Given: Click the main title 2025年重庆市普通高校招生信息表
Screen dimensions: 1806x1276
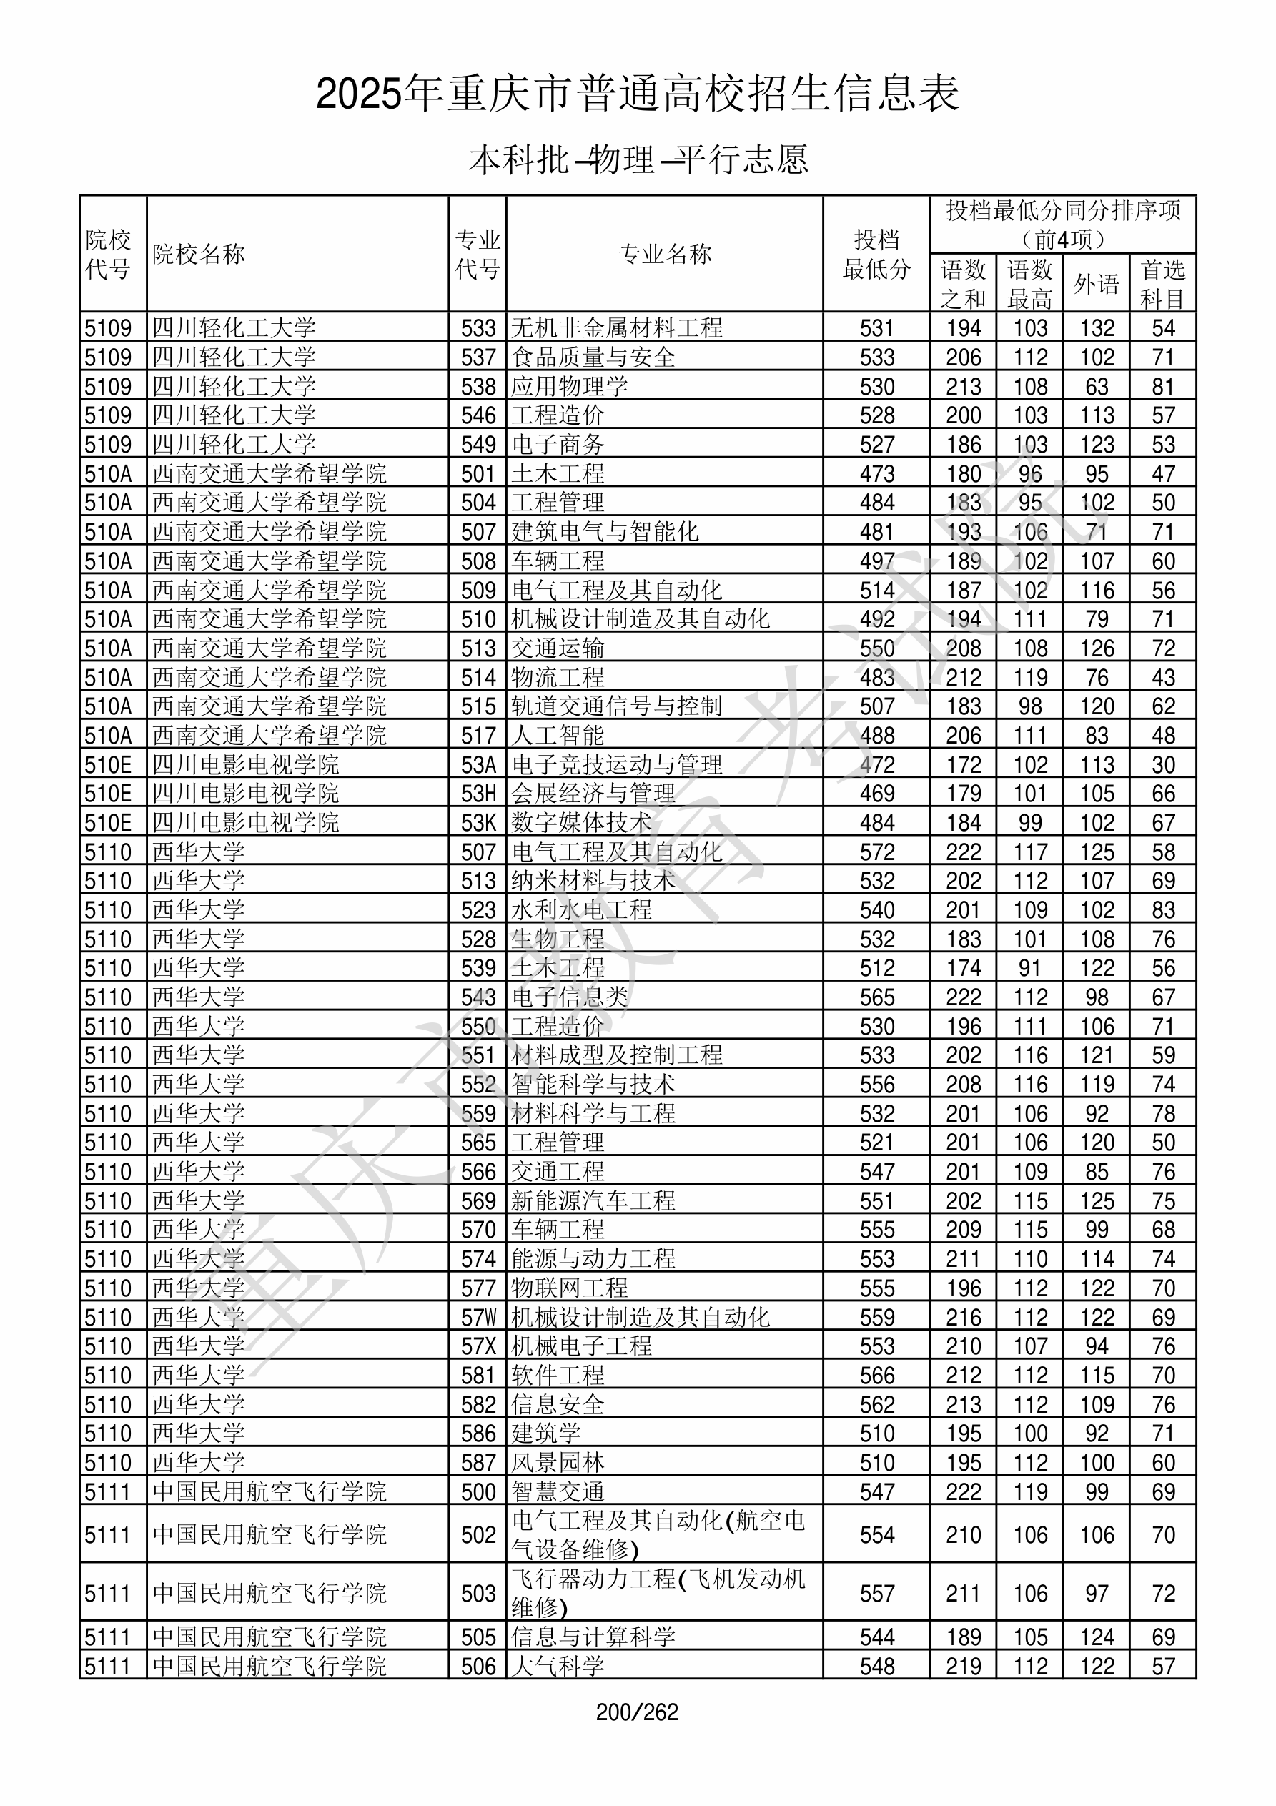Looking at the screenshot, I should pos(637,94).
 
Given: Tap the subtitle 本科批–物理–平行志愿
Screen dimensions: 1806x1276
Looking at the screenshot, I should pos(638,159).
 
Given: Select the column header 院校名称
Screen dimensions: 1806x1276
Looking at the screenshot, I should pos(199,254).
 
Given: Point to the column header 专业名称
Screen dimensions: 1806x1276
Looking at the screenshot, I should pos(665,254).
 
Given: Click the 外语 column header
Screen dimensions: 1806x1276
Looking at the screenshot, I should pos(1096,284).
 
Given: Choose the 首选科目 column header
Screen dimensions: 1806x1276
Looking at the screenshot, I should pos(1163,284).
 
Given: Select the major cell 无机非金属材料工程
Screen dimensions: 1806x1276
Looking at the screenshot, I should pos(617,328).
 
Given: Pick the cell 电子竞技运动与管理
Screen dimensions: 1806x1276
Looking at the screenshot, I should pos(617,764).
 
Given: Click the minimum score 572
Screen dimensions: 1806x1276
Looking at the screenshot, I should pos(876,852).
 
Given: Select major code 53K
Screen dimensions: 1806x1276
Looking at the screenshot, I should pos(478,823).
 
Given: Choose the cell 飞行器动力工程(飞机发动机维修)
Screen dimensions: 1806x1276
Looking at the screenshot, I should pos(658,1593).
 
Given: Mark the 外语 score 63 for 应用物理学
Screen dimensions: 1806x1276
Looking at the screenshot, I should pos(1096,386).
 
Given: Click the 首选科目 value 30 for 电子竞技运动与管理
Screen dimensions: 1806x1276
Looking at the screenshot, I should pos(1163,764).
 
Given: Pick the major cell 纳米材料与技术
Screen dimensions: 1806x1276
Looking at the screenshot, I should pos(593,881).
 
